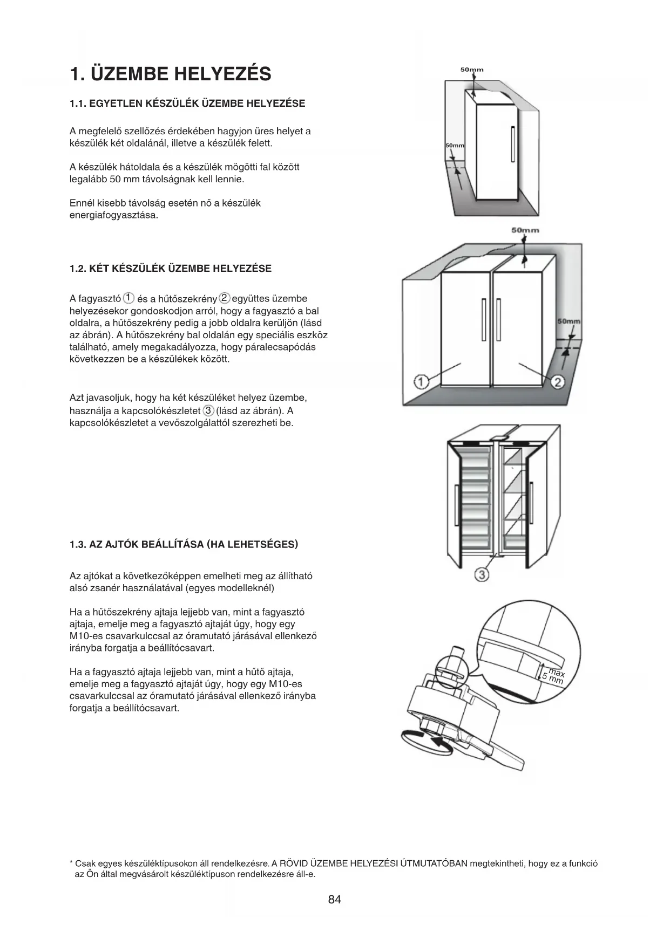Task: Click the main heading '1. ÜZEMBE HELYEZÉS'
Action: (x=171, y=74)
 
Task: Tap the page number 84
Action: (x=335, y=899)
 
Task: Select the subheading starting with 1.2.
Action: (x=171, y=269)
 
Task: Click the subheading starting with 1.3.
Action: (x=184, y=544)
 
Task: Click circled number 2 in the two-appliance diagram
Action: (x=558, y=382)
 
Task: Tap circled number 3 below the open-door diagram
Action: (x=482, y=575)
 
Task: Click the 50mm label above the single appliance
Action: (x=472, y=70)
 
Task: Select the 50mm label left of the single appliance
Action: (x=455, y=146)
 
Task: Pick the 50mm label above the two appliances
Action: (x=525, y=230)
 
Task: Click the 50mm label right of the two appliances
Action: (x=569, y=321)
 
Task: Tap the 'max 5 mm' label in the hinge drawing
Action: (x=554, y=676)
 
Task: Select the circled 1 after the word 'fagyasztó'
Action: (x=128, y=298)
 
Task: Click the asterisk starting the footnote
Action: (x=71, y=863)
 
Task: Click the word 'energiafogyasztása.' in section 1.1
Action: (x=114, y=215)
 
